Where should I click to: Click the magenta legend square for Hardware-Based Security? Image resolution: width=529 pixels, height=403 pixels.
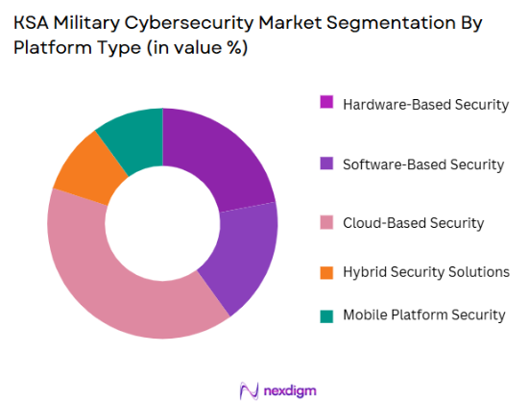[325, 104]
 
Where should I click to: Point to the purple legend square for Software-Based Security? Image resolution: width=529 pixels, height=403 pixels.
[325, 164]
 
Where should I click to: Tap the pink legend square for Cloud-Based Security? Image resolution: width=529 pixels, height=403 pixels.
[325, 223]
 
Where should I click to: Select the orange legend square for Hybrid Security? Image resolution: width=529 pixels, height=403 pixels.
[325, 272]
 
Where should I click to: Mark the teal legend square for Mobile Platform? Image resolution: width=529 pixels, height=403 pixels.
[325, 315]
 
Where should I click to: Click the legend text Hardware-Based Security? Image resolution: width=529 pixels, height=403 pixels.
[425, 104]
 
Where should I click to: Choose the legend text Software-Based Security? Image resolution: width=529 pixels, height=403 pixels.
[423, 164]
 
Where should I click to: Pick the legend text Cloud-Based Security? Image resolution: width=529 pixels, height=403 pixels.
[413, 223]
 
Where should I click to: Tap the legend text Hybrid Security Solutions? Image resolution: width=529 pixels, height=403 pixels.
[425, 272]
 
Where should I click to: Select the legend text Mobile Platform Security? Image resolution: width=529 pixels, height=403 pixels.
[423, 315]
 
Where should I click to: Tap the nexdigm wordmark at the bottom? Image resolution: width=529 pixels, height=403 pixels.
[288, 390]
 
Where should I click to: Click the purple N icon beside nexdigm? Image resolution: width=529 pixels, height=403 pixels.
[249, 390]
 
